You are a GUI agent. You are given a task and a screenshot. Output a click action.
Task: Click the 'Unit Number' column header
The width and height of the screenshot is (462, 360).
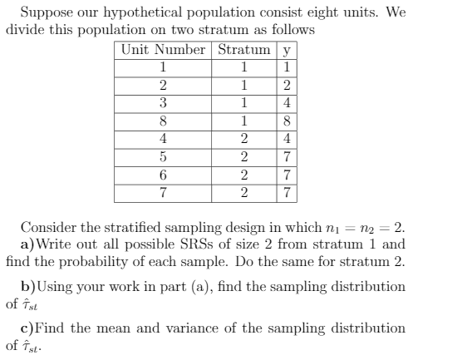click(163, 49)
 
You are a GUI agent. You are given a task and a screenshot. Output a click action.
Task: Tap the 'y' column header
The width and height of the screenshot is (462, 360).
click(287, 49)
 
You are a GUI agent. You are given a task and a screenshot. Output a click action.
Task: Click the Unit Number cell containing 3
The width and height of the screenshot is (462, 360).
click(163, 101)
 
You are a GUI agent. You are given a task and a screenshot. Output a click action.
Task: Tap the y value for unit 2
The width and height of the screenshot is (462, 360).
click(287, 84)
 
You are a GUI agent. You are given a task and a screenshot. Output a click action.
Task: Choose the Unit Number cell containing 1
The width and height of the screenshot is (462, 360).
click(163, 67)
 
